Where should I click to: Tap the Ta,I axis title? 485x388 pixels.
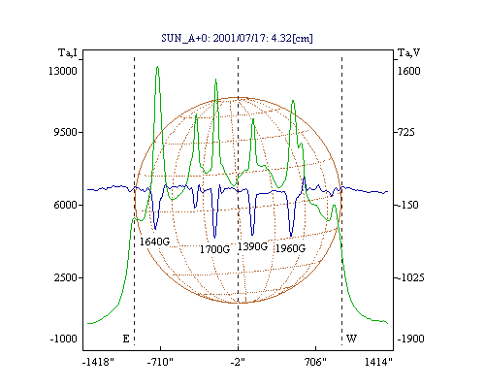pyautogui.click(x=68, y=52)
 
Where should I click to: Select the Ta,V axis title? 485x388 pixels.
pyautogui.click(x=409, y=52)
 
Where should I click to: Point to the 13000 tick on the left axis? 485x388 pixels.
pyautogui.click(x=63, y=71)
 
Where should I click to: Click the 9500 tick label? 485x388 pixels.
pyautogui.click(x=65, y=132)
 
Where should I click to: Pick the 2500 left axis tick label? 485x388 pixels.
pyautogui.click(x=65, y=277)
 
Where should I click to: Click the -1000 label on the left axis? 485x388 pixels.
pyautogui.click(x=64, y=339)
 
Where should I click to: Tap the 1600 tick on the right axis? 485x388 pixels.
pyautogui.click(x=408, y=71)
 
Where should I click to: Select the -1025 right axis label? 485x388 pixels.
pyautogui.click(x=410, y=277)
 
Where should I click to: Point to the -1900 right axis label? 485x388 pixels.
pyautogui.click(x=410, y=339)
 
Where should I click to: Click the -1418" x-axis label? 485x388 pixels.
pyautogui.click(x=98, y=362)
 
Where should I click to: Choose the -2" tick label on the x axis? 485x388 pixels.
pyautogui.click(x=238, y=362)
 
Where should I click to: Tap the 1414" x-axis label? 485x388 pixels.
pyautogui.click(x=378, y=362)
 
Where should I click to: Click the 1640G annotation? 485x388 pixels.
pyautogui.click(x=154, y=242)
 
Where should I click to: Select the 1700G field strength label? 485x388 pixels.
pyautogui.click(x=214, y=249)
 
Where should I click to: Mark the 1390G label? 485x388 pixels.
pyautogui.click(x=252, y=246)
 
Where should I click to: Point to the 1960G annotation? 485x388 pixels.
pyautogui.click(x=290, y=248)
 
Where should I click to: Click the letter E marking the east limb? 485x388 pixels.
pyautogui.click(x=126, y=339)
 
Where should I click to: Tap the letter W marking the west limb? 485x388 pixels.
pyautogui.click(x=351, y=339)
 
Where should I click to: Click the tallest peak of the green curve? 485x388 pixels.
pyautogui.click(x=157, y=67)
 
